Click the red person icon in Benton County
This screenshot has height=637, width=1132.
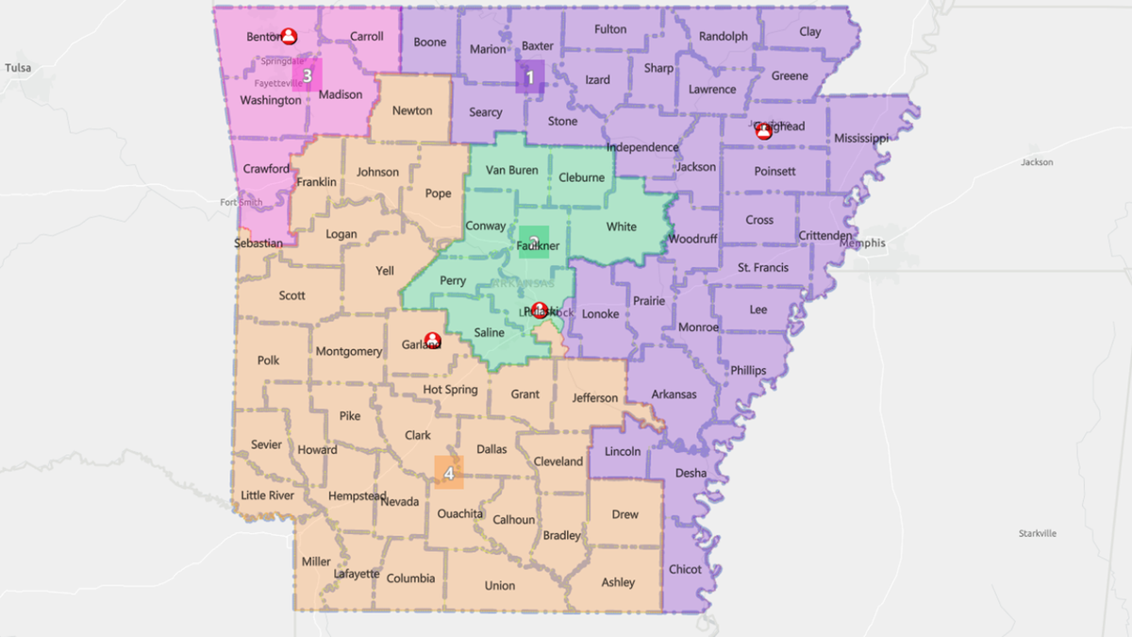click(289, 37)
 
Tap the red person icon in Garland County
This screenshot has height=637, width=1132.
click(432, 340)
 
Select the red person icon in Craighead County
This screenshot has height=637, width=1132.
click(764, 132)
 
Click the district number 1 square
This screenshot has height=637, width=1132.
click(530, 77)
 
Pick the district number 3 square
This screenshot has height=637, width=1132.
click(308, 75)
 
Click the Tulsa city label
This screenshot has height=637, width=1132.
click(18, 68)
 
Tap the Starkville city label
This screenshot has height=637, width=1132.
click(1038, 533)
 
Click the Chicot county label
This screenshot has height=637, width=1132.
click(685, 569)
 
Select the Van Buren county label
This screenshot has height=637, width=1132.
click(511, 171)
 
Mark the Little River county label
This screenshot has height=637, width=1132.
click(268, 495)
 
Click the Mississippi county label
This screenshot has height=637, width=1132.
click(861, 139)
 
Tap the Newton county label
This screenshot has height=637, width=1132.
click(412, 110)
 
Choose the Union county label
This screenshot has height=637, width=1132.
click(500, 585)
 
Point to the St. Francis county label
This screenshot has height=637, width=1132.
click(763, 268)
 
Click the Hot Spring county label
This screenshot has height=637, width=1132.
click(450, 390)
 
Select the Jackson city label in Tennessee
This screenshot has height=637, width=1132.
click(1037, 162)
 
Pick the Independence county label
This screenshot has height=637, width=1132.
click(642, 147)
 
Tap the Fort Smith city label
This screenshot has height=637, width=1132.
click(241, 203)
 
